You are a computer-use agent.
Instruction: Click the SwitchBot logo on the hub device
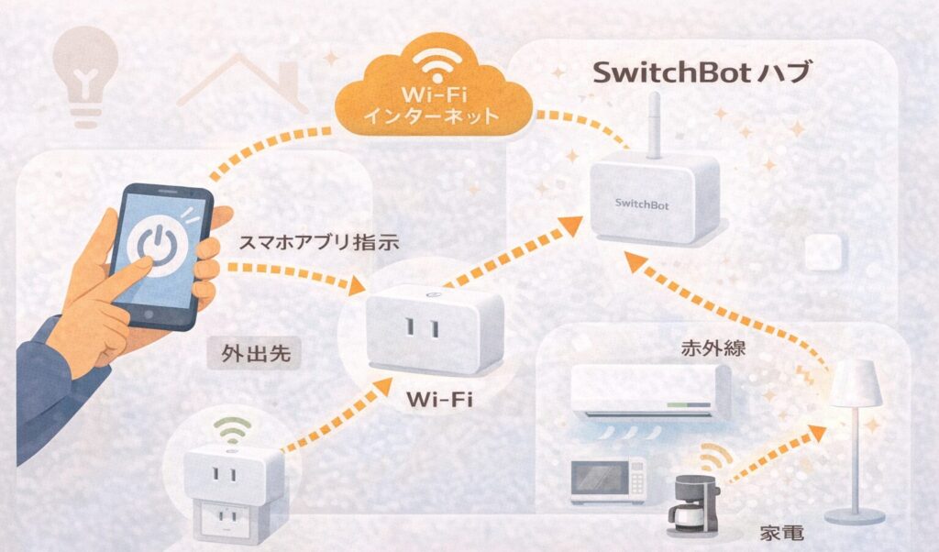(642, 205)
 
